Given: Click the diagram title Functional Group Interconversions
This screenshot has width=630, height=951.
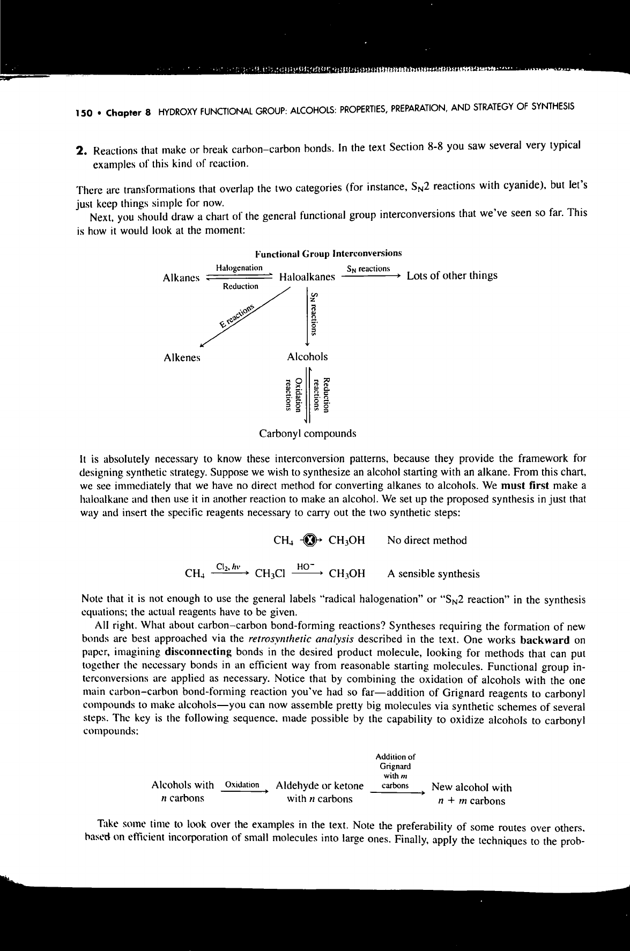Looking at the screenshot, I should [x=328, y=253].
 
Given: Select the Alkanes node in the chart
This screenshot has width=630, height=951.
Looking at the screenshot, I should [x=181, y=277].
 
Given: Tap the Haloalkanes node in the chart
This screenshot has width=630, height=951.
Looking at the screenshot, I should [x=307, y=277].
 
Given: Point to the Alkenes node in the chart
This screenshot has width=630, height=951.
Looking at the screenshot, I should [x=182, y=358].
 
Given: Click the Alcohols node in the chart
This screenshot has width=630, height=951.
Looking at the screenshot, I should [x=307, y=356].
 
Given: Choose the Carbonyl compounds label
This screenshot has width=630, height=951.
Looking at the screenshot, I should [x=307, y=433].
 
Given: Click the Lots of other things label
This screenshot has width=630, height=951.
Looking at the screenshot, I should [x=452, y=276].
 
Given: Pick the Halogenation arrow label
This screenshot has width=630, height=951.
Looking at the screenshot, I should [x=239, y=268].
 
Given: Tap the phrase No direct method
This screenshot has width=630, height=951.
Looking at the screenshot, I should [x=427, y=540].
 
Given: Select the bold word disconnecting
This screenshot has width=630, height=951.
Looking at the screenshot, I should [x=199, y=652].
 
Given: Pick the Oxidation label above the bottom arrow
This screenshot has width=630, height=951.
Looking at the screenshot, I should [x=242, y=785].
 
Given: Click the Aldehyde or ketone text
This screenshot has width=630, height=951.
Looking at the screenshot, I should [x=320, y=786].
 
